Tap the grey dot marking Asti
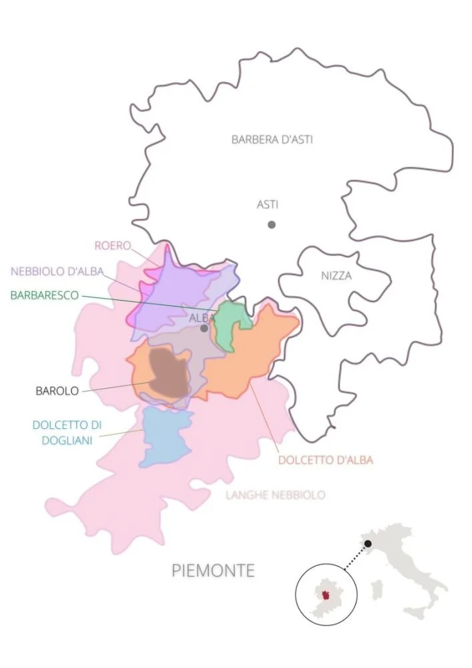272,224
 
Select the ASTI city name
267,204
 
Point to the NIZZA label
336,275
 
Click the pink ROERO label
112,245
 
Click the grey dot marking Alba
204,328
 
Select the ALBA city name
201,318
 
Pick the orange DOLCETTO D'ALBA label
325,460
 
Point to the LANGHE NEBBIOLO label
275,495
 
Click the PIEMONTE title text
213,571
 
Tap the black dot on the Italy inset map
368,544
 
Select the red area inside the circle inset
326,595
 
